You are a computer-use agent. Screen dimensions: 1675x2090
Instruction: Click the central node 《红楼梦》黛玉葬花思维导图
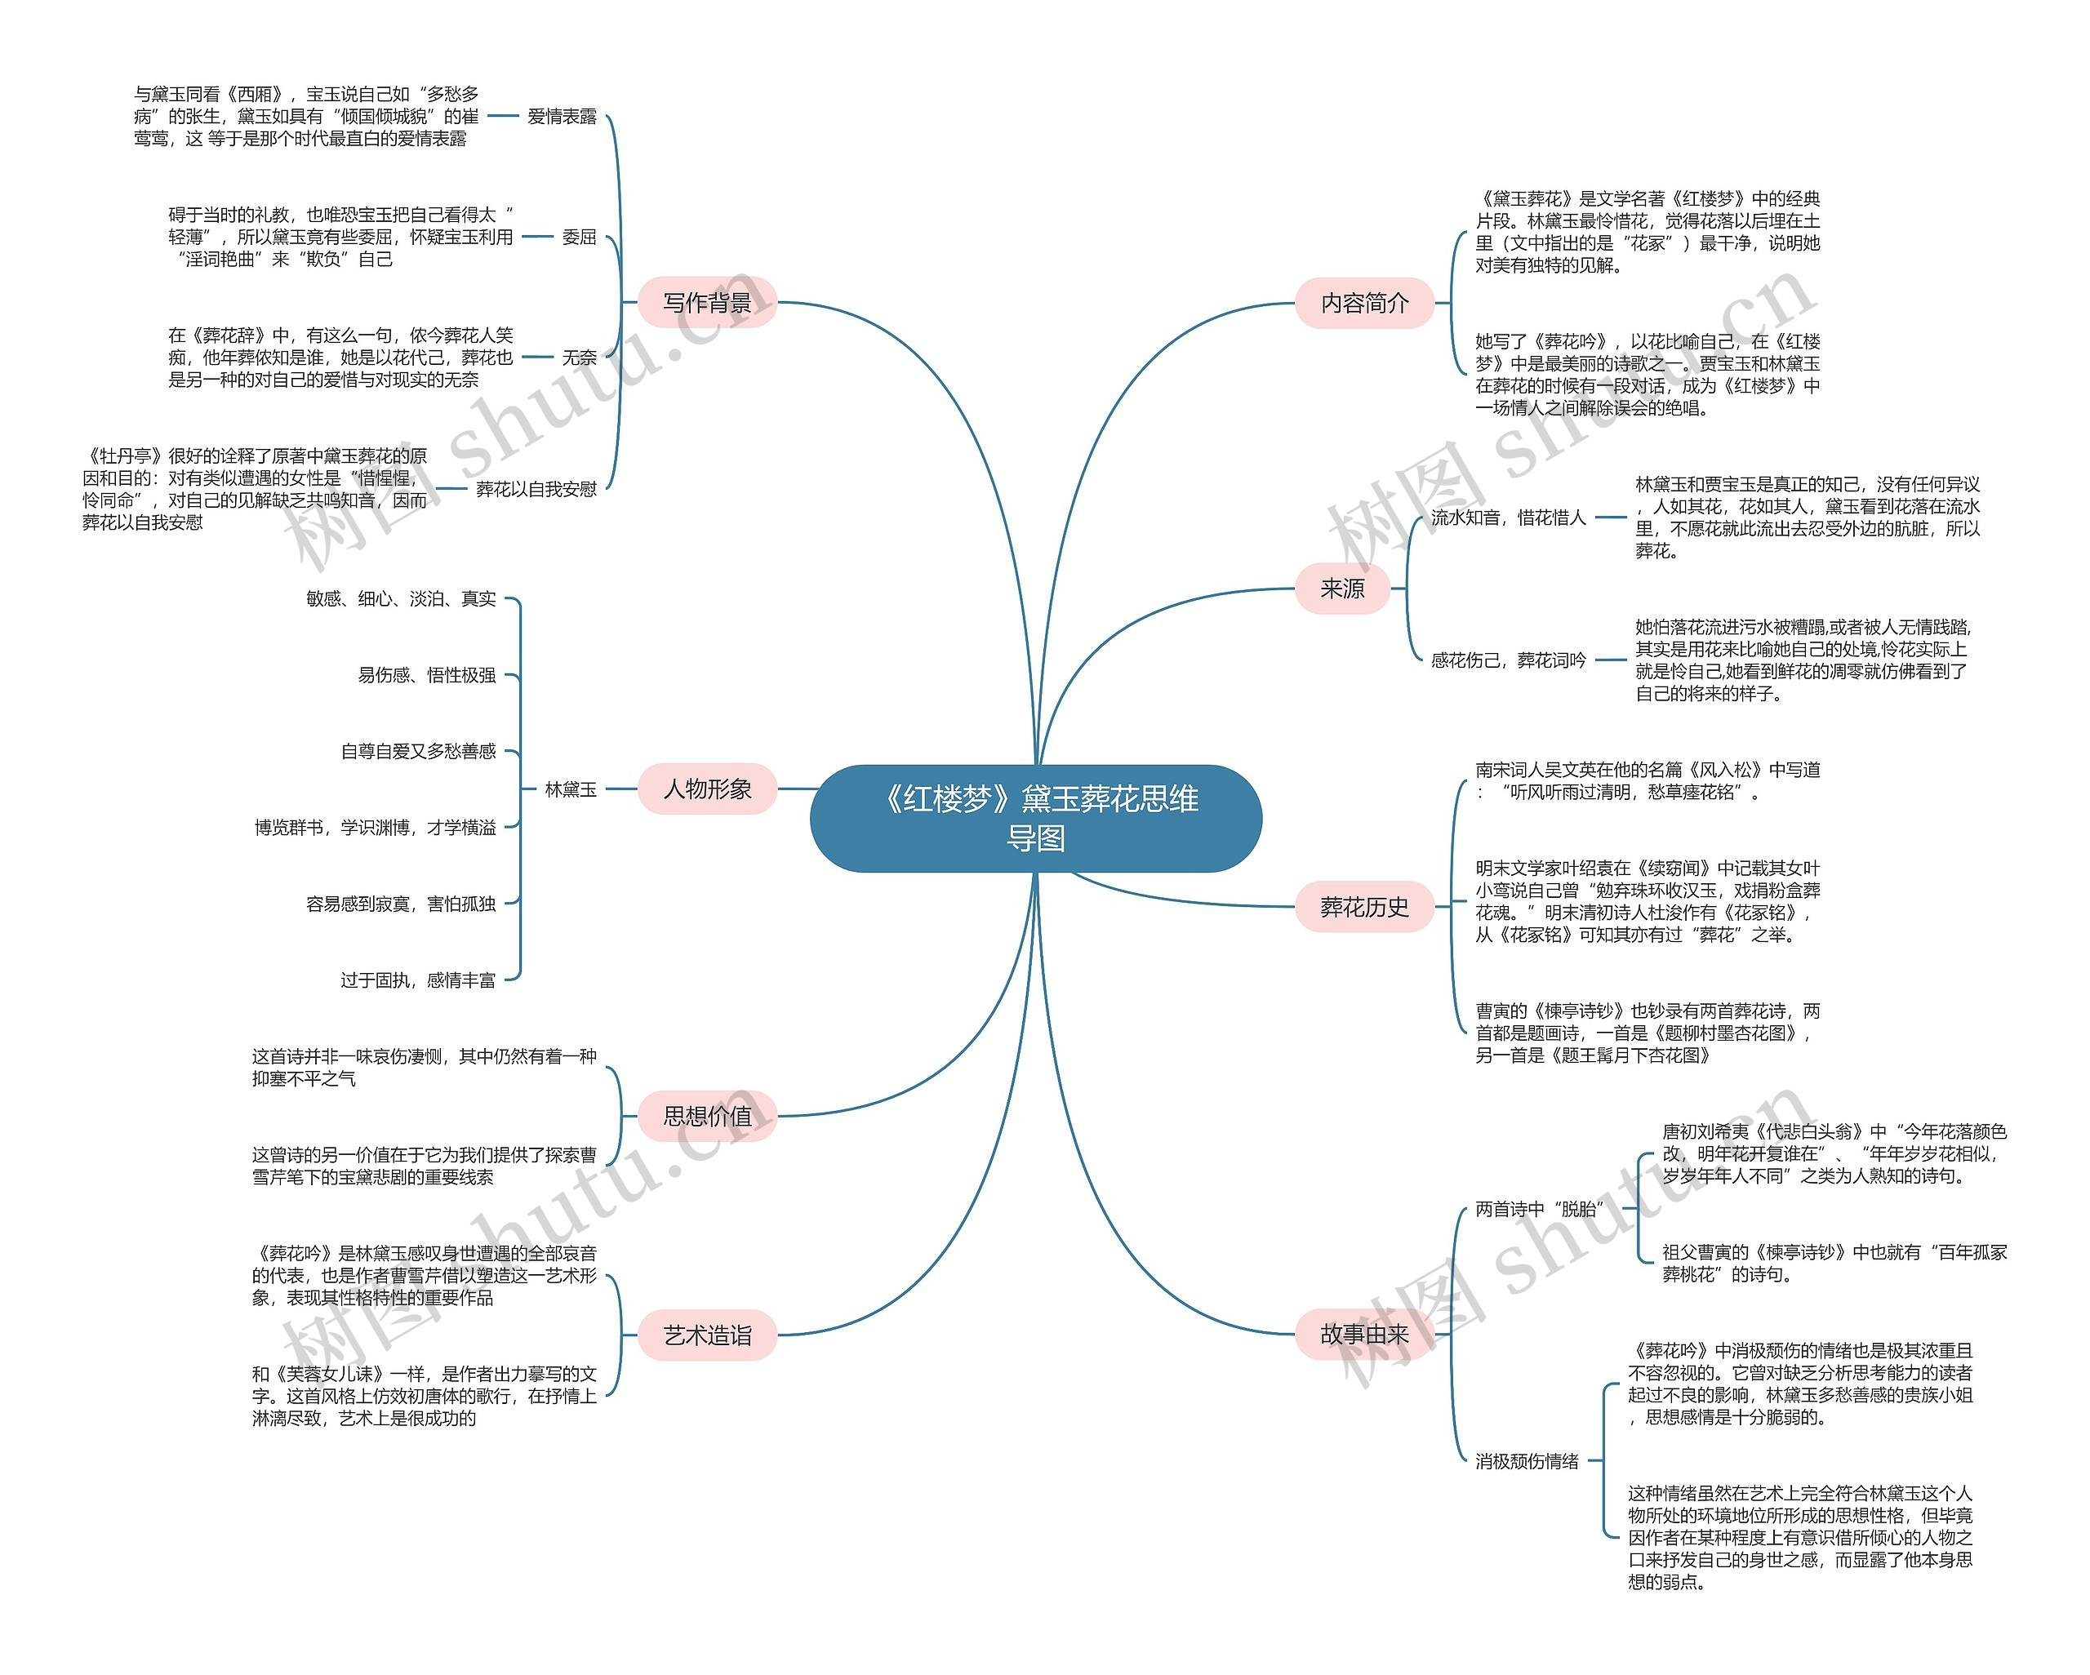click(1035, 817)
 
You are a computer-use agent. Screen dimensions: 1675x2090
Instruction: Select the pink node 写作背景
click(707, 302)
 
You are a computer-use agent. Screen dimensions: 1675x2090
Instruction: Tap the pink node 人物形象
click(707, 789)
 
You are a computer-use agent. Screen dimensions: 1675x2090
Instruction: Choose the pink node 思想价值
click(707, 1116)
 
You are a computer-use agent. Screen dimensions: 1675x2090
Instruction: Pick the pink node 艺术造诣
click(707, 1335)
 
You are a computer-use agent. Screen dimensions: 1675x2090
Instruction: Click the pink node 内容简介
click(1364, 302)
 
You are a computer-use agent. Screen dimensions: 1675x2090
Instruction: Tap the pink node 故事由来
click(1364, 1335)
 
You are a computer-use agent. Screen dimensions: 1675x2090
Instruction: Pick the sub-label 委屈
click(579, 237)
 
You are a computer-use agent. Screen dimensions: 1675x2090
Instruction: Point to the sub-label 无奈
click(579, 358)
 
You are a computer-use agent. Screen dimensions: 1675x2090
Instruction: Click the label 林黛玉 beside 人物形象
click(570, 789)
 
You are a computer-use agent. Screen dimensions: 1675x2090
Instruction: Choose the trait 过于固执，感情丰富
click(418, 980)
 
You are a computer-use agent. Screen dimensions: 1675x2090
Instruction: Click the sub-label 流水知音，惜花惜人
click(1509, 518)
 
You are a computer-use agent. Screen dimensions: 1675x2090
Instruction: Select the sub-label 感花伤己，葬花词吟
click(1509, 660)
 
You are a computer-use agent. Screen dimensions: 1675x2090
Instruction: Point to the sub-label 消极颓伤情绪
click(1527, 1461)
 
